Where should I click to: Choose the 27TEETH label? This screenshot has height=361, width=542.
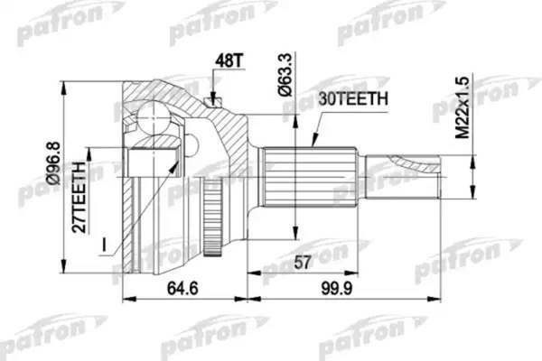point(80,198)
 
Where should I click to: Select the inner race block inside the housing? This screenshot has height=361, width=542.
point(149,162)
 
